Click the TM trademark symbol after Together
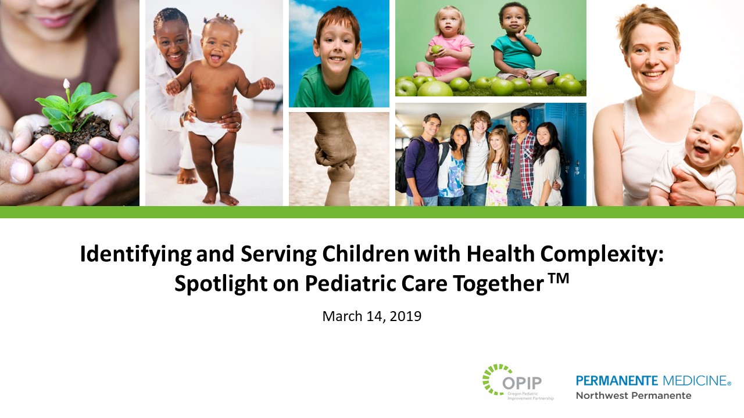click(558, 280)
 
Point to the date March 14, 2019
click(371, 316)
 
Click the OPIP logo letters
click(522, 384)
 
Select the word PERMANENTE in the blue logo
click(617, 381)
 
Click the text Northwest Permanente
click(634, 395)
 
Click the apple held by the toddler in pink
click(435, 50)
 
